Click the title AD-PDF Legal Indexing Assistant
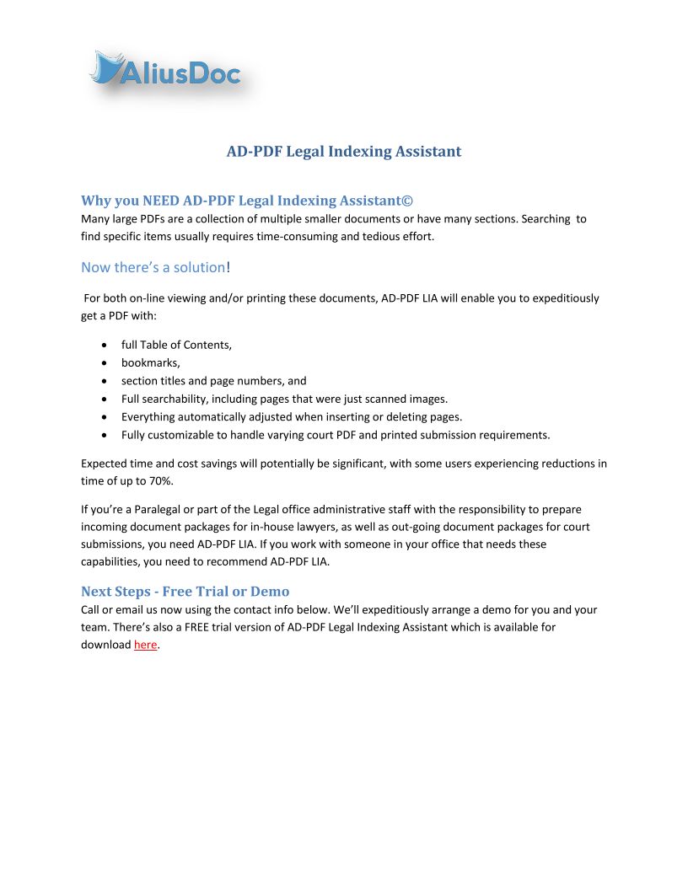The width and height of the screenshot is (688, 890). [344, 152]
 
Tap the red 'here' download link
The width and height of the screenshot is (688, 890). [145, 645]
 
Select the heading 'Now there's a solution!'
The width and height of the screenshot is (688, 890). [156, 267]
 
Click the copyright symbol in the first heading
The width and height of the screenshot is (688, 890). [407, 201]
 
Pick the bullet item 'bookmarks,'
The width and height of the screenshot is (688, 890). [150, 362]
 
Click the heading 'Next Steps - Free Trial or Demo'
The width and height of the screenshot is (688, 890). [185, 591]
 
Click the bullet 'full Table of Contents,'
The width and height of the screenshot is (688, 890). [176, 345]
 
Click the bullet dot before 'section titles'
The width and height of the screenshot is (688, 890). [104, 381]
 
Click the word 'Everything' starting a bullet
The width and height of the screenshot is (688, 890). [147, 416]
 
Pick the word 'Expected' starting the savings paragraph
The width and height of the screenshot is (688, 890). [104, 464]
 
